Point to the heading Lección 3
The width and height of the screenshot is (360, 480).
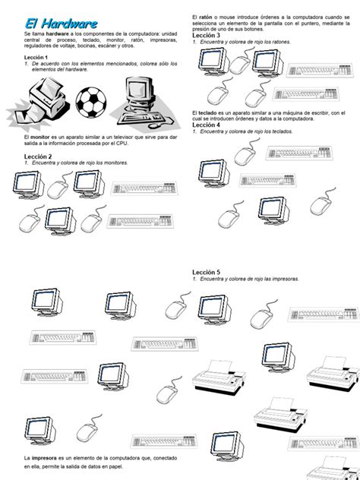tap(207, 36)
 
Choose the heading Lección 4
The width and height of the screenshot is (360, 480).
tap(207, 125)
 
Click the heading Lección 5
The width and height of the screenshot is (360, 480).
tap(207, 271)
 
